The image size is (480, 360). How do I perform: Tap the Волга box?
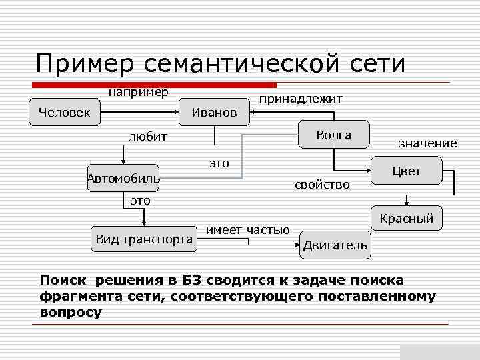333,135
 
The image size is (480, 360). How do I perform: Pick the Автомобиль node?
123,178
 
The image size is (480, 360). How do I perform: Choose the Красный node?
406,218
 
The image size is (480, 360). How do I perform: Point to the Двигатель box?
335,245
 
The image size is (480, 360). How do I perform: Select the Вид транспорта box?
144,239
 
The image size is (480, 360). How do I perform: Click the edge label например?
139,90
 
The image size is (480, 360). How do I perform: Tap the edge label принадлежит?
301,99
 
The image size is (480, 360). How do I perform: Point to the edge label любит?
147,137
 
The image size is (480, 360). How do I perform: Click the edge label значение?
427,143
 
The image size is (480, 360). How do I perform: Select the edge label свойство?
322,185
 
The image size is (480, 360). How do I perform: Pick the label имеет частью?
248,229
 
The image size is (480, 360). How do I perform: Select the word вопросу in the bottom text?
71,312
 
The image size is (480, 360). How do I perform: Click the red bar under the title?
155,85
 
